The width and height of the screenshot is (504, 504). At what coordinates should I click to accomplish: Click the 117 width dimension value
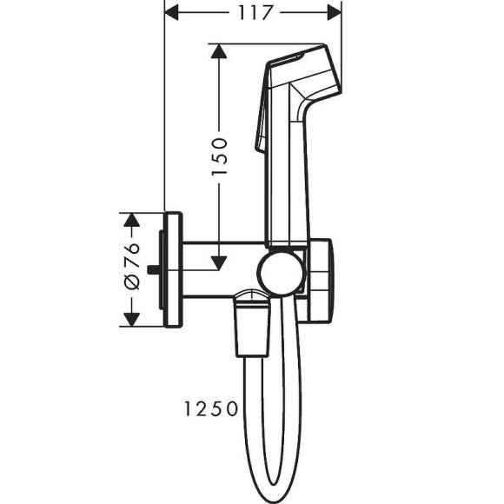[253, 13]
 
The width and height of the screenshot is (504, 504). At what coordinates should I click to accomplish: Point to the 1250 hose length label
[209, 408]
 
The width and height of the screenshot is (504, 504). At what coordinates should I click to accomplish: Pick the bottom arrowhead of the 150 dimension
[218, 260]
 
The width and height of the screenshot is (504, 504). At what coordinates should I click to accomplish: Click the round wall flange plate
[173, 269]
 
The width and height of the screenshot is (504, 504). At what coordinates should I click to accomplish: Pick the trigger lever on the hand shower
[261, 126]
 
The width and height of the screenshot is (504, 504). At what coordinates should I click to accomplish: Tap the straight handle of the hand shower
[287, 182]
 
